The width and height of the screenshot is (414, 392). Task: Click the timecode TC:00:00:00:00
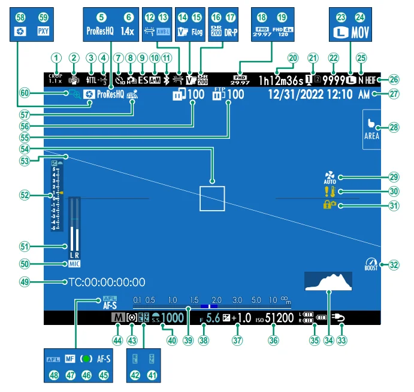[106, 282]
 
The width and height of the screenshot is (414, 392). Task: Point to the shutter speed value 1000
[173, 318]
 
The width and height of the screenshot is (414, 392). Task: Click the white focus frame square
[212, 198]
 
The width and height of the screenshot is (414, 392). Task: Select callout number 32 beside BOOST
[393, 263]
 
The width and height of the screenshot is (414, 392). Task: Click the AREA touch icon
[371, 128]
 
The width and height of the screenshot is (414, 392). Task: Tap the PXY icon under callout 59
[43, 30]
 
